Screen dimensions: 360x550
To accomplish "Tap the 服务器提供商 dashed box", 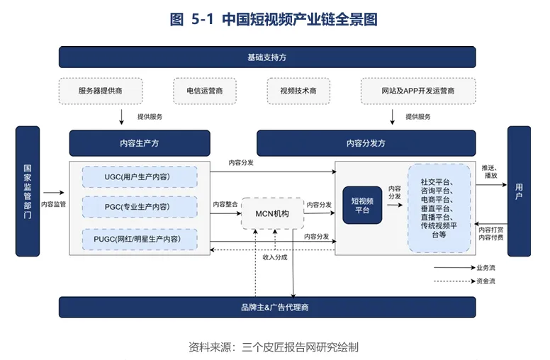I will click(101, 91).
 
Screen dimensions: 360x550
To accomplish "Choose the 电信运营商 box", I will click(205, 91).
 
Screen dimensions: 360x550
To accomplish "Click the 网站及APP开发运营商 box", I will click(417, 91).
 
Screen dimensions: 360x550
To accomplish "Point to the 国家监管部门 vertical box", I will click(28, 191).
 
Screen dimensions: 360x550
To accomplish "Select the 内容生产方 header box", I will click(139, 143).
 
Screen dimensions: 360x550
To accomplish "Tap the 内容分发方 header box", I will click(366, 143).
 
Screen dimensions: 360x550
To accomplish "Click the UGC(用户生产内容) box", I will click(140, 176).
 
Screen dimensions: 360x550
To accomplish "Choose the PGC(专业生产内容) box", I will click(140, 206).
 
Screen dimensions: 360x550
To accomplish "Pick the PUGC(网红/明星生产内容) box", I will click(140, 239).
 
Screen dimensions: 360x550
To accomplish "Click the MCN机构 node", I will click(272, 213).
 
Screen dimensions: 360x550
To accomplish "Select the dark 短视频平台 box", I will click(362, 206).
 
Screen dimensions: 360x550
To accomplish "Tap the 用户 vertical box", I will click(519, 191).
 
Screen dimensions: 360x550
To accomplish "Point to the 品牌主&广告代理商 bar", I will click(274, 308).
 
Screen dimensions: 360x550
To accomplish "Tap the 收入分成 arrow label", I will click(275, 257).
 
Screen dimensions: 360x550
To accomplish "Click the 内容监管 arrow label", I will click(53, 204).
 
